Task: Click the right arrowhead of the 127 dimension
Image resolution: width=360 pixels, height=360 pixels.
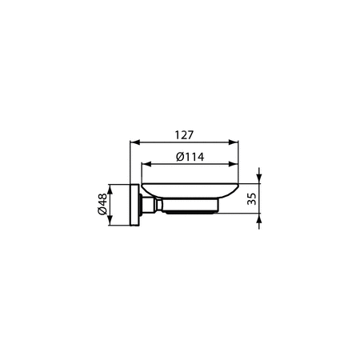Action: click(x=236, y=144)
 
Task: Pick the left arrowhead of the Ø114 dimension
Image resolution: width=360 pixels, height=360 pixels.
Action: click(x=145, y=166)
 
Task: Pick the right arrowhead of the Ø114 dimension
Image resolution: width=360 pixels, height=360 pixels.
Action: click(x=236, y=166)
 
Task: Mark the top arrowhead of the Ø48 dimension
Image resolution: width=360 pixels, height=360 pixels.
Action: click(x=112, y=188)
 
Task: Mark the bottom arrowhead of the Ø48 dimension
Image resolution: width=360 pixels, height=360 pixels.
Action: click(x=112, y=224)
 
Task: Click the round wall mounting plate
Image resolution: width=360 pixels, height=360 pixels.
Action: click(x=134, y=206)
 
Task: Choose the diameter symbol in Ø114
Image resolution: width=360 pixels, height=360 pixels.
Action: click(x=179, y=157)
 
